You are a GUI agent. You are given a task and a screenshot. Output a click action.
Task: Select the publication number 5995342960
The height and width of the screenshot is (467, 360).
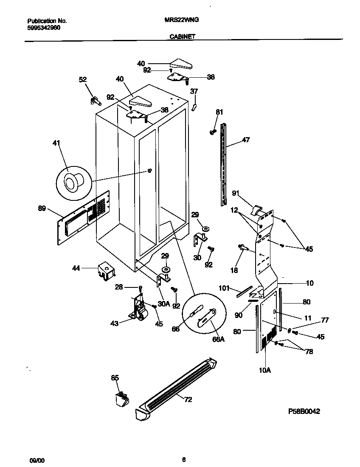[44, 27]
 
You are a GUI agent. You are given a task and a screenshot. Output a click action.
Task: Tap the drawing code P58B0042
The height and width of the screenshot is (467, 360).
[304, 411]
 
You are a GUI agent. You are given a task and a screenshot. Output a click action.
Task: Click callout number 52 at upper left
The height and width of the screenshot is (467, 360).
[83, 79]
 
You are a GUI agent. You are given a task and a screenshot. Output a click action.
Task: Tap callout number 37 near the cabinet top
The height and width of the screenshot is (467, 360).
[194, 91]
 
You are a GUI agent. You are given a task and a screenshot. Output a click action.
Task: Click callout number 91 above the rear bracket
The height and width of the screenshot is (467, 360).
[236, 194]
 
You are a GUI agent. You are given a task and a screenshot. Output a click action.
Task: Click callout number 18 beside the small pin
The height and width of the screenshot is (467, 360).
[233, 270]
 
